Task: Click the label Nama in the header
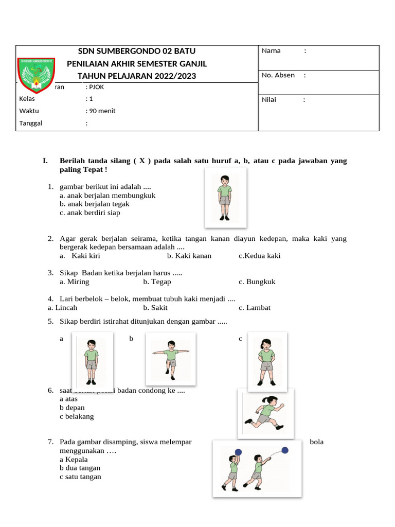pos(271,50)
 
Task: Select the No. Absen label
pos(278,75)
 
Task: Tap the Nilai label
pos(269,99)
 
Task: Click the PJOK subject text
pos(96,87)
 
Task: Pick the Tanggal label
pos(31,123)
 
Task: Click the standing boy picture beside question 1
pos(225,198)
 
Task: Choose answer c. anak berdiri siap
pos(89,213)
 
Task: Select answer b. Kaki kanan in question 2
pos(189,256)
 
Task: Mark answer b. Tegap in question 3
pos(157,282)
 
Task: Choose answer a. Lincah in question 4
pos(62,308)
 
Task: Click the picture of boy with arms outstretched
pos(170,359)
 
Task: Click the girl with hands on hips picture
pos(266,361)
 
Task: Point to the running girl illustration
pos(265,413)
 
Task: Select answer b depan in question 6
pos(72,408)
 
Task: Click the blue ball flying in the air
pos(285,450)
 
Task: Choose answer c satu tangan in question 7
pos(80,477)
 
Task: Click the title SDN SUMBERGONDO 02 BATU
pos(136,51)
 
